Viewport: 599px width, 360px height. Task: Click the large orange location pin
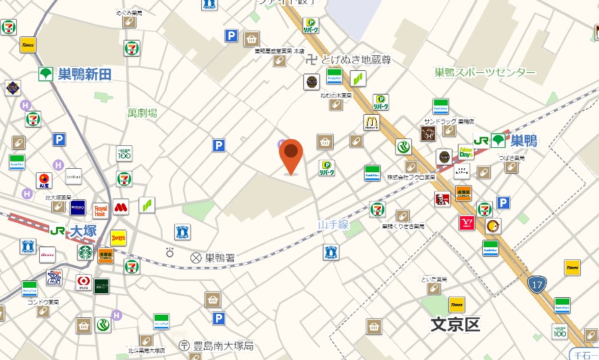pyautogui.click(x=291, y=155)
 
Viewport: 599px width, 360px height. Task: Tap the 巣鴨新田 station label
pyautogui.click(x=84, y=74)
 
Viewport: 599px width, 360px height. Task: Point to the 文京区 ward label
pyautogui.click(x=455, y=325)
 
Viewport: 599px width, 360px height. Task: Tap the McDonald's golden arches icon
pyautogui.click(x=371, y=122)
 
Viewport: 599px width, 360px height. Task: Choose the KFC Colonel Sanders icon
pyautogui.click(x=443, y=200)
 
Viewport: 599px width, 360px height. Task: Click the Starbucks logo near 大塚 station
pyautogui.click(x=85, y=253)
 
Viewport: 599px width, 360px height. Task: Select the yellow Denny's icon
pyautogui.click(x=118, y=237)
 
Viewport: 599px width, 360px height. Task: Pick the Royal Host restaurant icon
pyautogui.click(x=101, y=210)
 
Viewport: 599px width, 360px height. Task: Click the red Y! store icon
pyautogui.click(x=466, y=223)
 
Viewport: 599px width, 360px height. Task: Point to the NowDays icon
pyautogui.click(x=466, y=151)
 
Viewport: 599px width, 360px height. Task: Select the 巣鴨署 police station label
pyautogui.click(x=220, y=257)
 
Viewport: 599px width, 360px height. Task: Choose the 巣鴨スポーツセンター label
pyautogui.click(x=485, y=73)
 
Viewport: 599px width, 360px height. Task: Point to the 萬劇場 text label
pyautogui.click(x=142, y=113)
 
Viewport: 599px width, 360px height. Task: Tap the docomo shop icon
pyautogui.click(x=47, y=255)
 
